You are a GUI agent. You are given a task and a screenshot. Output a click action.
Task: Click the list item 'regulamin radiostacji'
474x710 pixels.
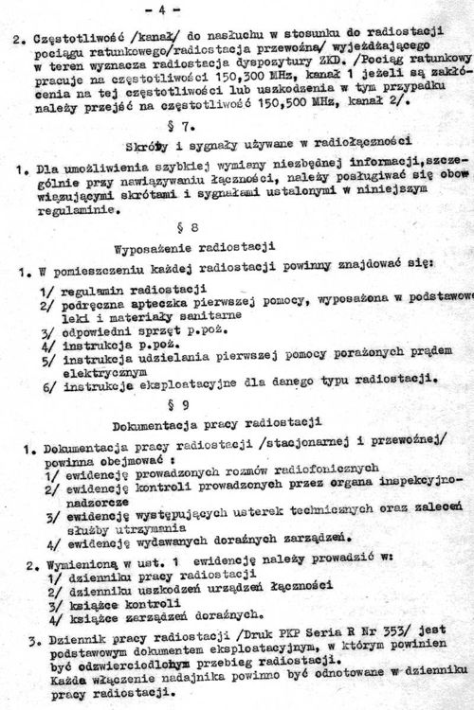(x=125, y=289)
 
